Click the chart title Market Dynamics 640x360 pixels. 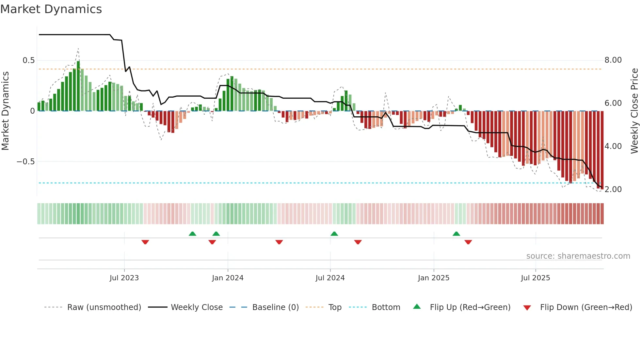pyautogui.click(x=51, y=9)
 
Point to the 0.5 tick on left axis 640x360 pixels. pyautogui.click(x=29, y=60)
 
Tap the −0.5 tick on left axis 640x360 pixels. pyautogui.click(x=26, y=162)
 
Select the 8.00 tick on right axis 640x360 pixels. pyautogui.click(x=613, y=60)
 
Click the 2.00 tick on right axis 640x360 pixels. pyautogui.click(x=613, y=189)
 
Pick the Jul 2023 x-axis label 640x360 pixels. pyautogui.click(x=124, y=278)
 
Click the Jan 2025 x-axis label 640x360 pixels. pyautogui.click(x=433, y=278)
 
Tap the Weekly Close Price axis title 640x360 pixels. pyautogui.click(x=634, y=111)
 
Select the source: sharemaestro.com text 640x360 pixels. pyautogui.click(x=578, y=256)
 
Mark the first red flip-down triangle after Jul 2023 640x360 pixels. pyautogui.click(x=145, y=242)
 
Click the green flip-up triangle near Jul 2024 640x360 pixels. pyautogui.click(x=334, y=234)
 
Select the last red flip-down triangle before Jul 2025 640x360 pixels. pyautogui.click(x=468, y=242)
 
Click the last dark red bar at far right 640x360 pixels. pyautogui.click(x=602, y=150)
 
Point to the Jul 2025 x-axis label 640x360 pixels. pyautogui.click(x=535, y=278)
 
